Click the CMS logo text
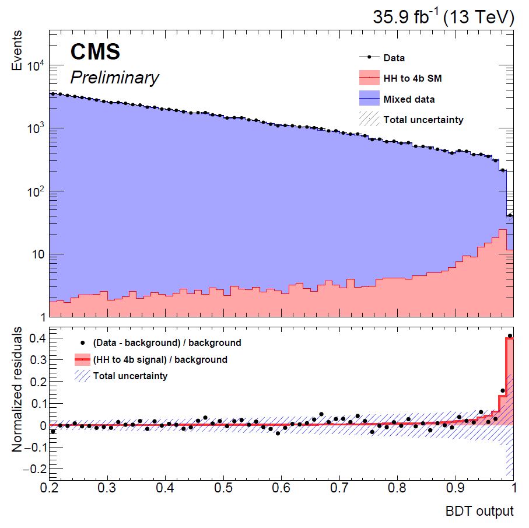coord(95,53)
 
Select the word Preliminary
coord(114,78)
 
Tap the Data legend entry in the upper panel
coord(394,58)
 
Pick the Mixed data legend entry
coord(409,99)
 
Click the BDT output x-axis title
coord(479,512)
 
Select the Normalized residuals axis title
coord(18,390)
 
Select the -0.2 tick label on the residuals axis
coord(31,468)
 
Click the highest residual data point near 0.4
coord(510,336)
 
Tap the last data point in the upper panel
coord(510,215)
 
